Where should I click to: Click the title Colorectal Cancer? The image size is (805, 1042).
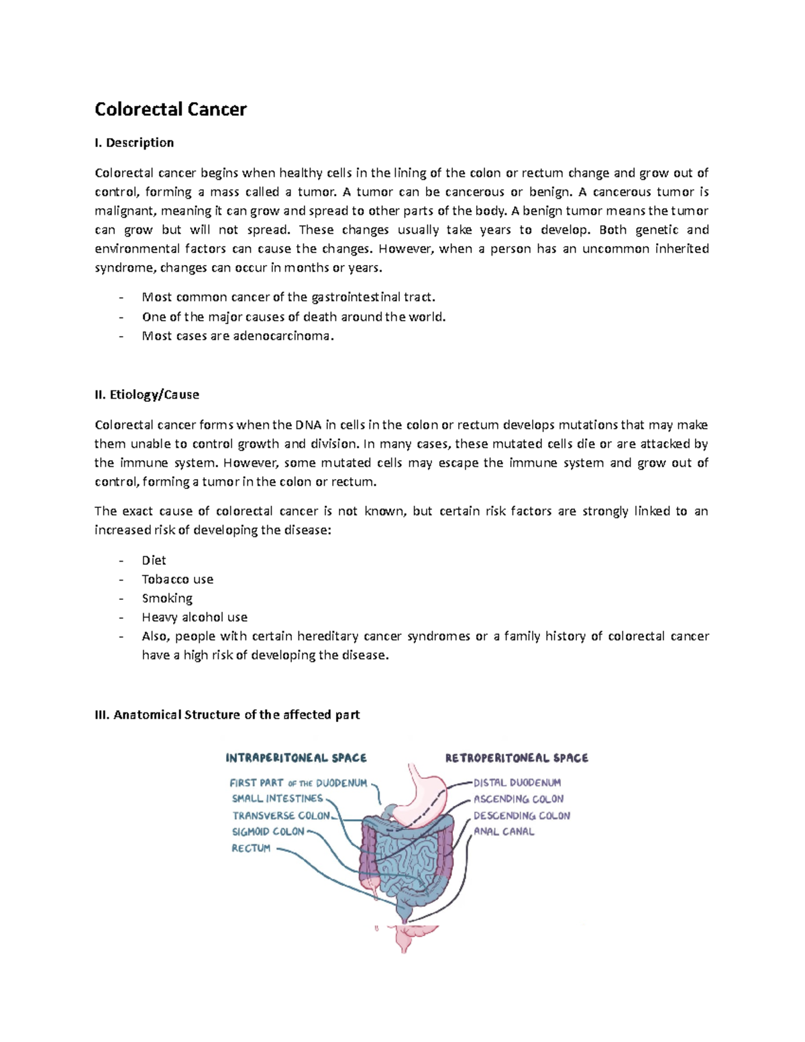(170, 109)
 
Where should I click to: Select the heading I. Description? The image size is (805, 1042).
(134, 142)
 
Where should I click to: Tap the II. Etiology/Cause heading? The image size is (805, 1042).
(147, 395)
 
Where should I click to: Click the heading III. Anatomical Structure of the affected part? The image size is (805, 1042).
(227, 715)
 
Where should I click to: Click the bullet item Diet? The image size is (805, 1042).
(154, 560)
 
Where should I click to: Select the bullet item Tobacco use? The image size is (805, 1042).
(177, 579)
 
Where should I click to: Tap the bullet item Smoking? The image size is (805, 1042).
(167, 598)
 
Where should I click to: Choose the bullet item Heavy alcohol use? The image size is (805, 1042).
(195, 617)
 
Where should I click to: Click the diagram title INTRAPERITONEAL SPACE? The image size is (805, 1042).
(296, 758)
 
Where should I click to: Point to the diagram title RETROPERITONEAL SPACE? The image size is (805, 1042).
(517, 758)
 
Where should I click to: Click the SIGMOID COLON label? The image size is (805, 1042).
(268, 832)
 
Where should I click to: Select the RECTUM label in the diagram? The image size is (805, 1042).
(251, 849)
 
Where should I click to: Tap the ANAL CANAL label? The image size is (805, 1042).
(504, 832)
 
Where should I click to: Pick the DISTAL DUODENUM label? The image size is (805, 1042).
(517, 783)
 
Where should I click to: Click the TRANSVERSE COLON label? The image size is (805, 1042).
(281, 816)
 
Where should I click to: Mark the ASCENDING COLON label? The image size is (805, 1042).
(519, 799)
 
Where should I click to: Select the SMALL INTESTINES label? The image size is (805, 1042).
(277, 799)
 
